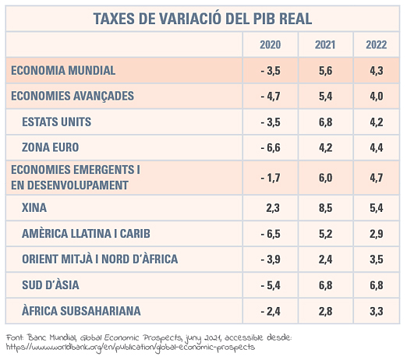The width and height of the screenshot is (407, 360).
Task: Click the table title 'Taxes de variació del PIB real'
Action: coord(203,19)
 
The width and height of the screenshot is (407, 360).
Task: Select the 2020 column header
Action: coord(271,44)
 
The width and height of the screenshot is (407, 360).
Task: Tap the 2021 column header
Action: coord(325,44)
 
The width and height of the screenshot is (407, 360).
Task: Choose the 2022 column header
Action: coord(377,44)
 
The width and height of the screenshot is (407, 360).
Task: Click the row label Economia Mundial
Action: coord(63,70)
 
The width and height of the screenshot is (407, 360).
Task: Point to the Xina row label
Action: coord(34,207)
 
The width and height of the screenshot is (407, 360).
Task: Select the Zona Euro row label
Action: coord(51,147)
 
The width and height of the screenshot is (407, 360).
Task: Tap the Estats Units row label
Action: coord(57,122)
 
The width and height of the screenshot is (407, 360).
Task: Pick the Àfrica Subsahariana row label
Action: coord(81,310)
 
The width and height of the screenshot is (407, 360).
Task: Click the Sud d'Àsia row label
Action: coord(51,284)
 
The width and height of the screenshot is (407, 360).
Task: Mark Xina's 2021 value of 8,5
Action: coord(326,208)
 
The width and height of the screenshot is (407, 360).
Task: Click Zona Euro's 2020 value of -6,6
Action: coord(271,147)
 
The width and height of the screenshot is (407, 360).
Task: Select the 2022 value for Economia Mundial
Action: coord(377,71)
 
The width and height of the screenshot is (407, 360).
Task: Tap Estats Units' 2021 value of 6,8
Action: coord(326,122)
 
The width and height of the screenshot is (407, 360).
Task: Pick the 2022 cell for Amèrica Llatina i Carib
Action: coord(377,234)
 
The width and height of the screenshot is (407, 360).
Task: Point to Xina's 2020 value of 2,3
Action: coord(273,208)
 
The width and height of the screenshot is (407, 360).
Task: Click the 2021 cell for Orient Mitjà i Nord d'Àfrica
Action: coord(326,259)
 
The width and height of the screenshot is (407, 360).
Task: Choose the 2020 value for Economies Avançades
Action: coord(271,96)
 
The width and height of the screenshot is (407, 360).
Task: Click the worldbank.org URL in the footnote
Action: coord(130,348)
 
